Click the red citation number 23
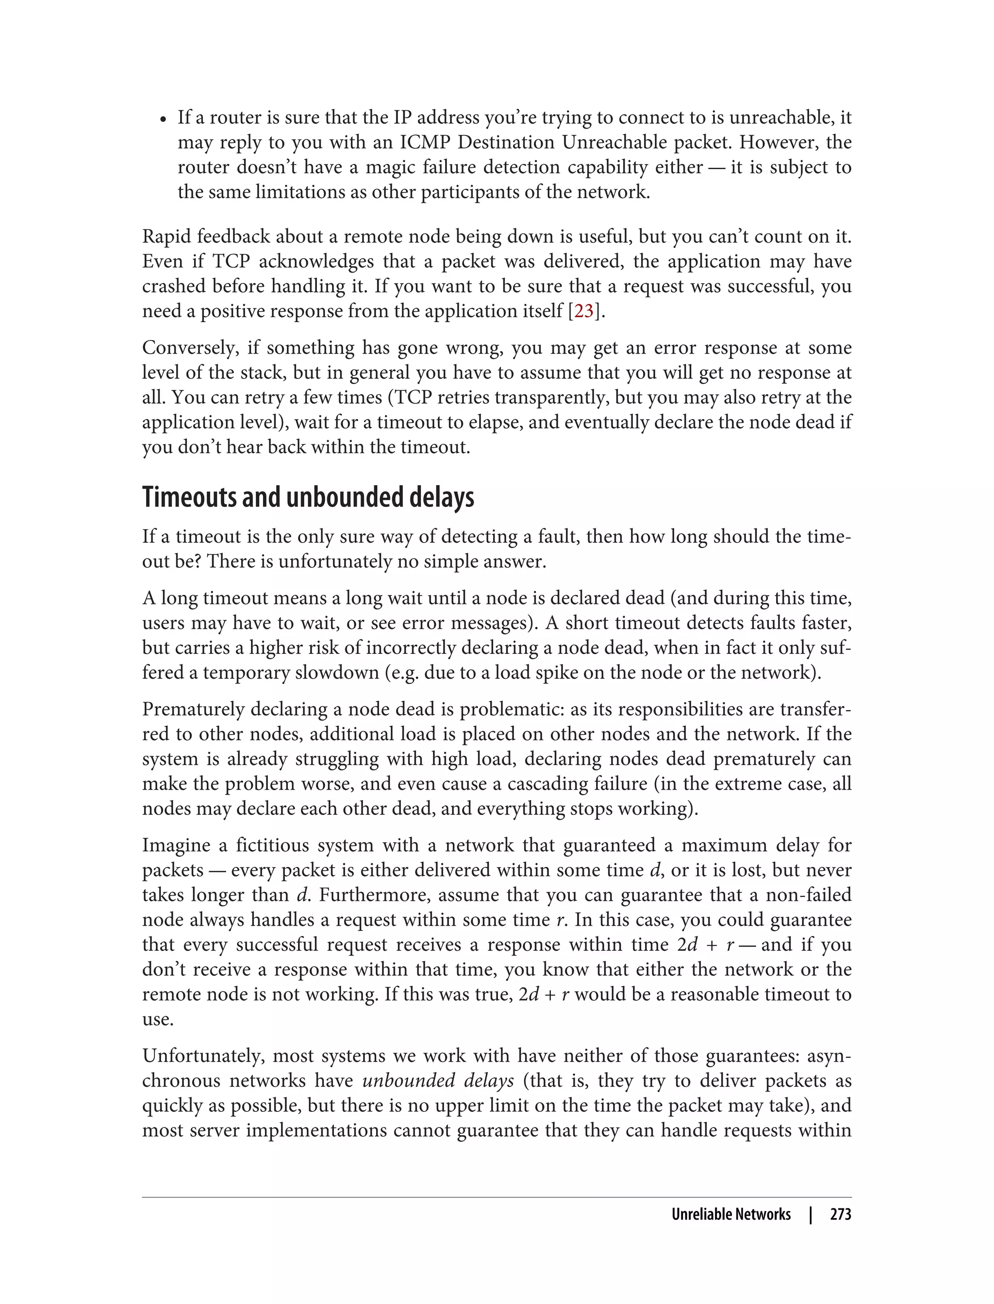point(583,311)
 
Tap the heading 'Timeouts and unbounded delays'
point(308,497)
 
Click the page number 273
point(840,1215)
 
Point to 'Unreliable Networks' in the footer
point(731,1215)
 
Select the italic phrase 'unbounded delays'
point(438,1081)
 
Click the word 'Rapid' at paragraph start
point(166,237)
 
